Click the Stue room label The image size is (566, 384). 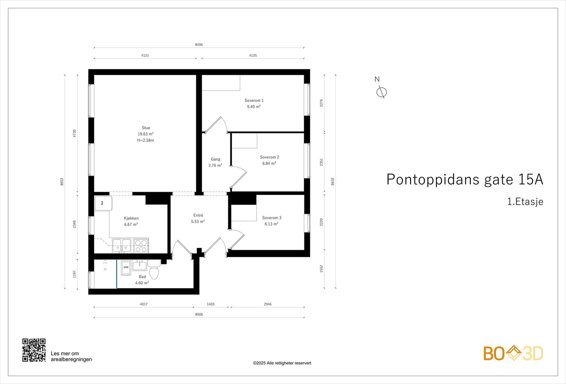(x=146, y=128)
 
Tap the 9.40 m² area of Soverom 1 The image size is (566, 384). (x=254, y=107)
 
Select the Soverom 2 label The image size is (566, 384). (x=269, y=157)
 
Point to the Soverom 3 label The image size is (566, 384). (x=271, y=218)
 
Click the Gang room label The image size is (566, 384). (x=215, y=159)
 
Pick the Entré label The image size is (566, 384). (x=198, y=215)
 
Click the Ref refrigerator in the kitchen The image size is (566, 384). (x=103, y=203)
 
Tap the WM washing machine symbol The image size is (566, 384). (x=126, y=268)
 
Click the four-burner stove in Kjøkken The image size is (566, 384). (x=141, y=246)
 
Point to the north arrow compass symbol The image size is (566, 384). (x=381, y=92)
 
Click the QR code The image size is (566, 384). (x=34, y=350)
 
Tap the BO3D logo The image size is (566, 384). (x=513, y=353)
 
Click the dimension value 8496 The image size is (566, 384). (x=199, y=45)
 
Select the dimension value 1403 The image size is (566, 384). (x=210, y=304)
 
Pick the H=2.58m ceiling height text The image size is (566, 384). (x=145, y=140)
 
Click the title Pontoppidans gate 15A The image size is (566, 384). (x=464, y=179)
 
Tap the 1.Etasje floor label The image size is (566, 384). (x=525, y=202)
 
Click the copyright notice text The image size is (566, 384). (x=282, y=363)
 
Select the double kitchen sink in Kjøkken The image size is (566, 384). (x=122, y=246)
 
